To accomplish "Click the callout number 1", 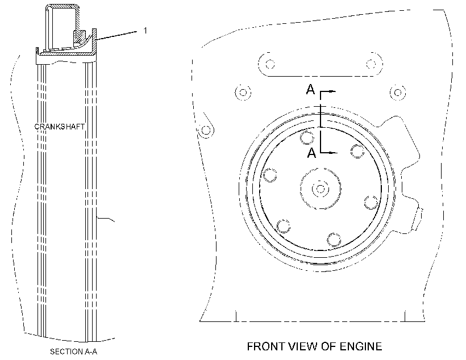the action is (x=145, y=30).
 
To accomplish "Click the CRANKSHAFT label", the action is (x=60, y=127).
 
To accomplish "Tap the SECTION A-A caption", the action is (x=73, y=351).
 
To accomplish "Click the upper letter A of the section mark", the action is (x=310, y=89).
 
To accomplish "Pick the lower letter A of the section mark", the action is (x=311, y=153).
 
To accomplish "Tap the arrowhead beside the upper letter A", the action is (x=332, y=91).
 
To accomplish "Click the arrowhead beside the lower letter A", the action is (x=334, y=153).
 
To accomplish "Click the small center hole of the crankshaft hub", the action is (x=320, y=189).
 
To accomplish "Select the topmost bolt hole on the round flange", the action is (x=307, y=137).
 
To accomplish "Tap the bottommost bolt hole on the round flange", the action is (x=334, y=240).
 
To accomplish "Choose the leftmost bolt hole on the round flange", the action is (x=270, y=175).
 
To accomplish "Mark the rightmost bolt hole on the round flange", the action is (x=371, y=202).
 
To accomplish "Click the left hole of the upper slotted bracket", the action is (x=270, y=64).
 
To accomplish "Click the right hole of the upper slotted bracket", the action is (x=371, y=64).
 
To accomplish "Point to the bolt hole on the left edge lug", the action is (x=206, y=130).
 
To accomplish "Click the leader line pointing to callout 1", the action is (x=116, y=35).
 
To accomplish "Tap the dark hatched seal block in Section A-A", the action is (x=79, y=36).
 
